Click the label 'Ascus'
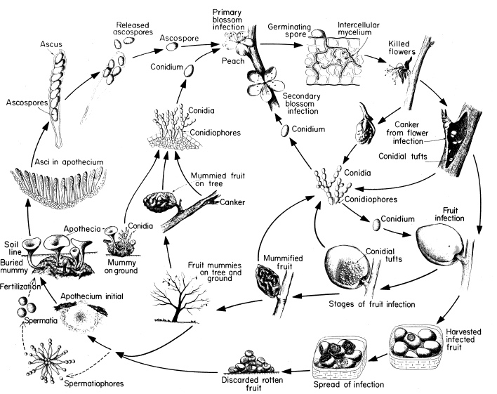(x=51, y=44)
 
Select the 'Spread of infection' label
(x=348, y=385)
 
